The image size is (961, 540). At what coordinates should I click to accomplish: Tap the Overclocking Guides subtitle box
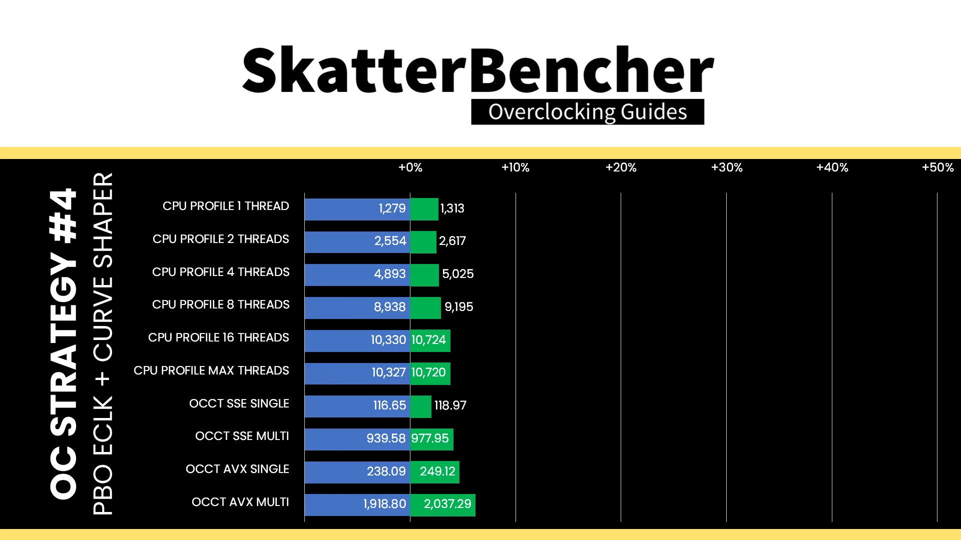pos(588,112)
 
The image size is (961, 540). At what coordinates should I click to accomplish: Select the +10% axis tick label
pos(515,167)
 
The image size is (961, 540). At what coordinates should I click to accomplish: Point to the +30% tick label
pos(727,167)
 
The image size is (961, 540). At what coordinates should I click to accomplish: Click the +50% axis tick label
pos(937,167)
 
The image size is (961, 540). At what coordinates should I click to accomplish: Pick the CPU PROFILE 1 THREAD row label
pos(226,206)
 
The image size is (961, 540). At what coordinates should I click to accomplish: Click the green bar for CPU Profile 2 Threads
pos(423,242)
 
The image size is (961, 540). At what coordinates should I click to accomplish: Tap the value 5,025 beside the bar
pos(457,274)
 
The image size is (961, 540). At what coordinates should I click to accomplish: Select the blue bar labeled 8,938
pos(357,307)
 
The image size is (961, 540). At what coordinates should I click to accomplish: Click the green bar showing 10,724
pos(430,340)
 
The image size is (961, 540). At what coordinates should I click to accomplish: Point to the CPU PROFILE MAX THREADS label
pos(211,370)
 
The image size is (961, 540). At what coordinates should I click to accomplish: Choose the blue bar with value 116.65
pos(357,406)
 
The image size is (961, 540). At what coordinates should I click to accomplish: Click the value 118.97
pos(450,405)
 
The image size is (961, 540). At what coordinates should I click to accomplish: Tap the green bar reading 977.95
pos(431,439)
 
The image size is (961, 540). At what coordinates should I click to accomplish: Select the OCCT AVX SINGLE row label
pos(237,469)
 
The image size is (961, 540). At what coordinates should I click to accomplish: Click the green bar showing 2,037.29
pos(442,504)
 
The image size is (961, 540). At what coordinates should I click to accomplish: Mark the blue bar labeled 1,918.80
pos(357,504)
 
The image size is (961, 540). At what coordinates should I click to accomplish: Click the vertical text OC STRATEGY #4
pos(64,343)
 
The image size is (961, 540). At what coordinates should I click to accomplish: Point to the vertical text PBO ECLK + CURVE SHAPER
pos(103,343)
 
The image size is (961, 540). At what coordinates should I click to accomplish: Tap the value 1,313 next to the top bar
pos(452,208)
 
